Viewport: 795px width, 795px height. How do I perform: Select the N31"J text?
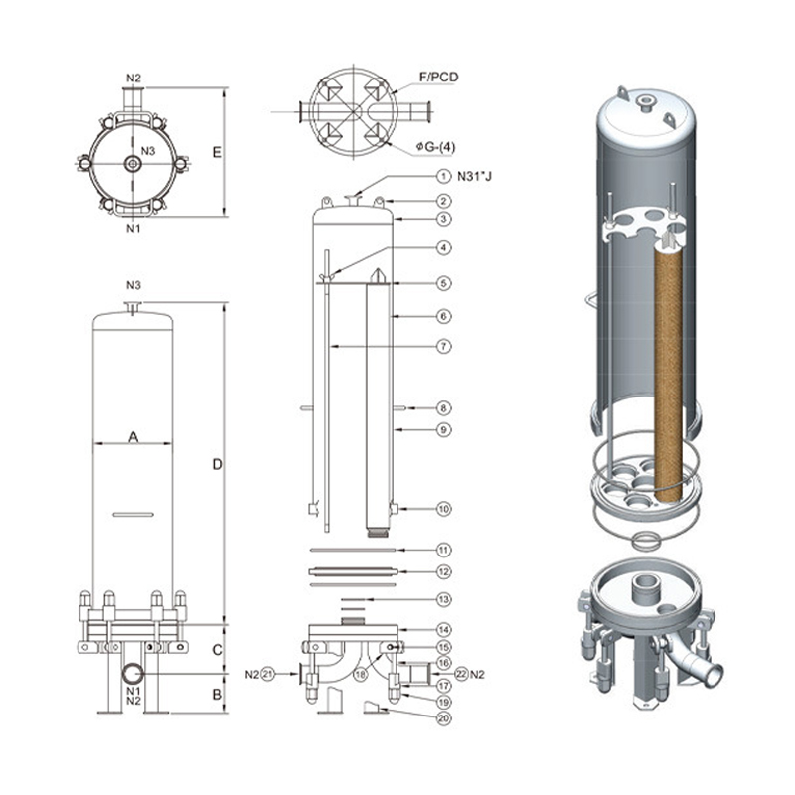[475, 176]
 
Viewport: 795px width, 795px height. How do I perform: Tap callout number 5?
[444, 283]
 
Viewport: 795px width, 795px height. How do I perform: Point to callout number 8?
[444, 407]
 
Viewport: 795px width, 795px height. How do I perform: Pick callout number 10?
[444, 509]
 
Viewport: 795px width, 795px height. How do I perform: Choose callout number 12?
[444, 571]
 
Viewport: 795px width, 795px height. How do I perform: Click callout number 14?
[444, 630]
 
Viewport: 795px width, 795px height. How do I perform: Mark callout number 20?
[444, 717]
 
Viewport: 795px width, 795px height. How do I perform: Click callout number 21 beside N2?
[266, 675]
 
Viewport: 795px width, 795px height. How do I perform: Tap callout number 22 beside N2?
[459, 675]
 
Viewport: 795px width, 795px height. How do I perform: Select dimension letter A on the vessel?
[132, 434]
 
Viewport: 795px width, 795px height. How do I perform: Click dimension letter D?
[217, 464]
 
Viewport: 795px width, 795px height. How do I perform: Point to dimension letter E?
[217, 152]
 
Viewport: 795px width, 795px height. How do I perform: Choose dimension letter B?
[217, 694]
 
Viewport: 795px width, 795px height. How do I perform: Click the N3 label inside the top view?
[147, 151]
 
